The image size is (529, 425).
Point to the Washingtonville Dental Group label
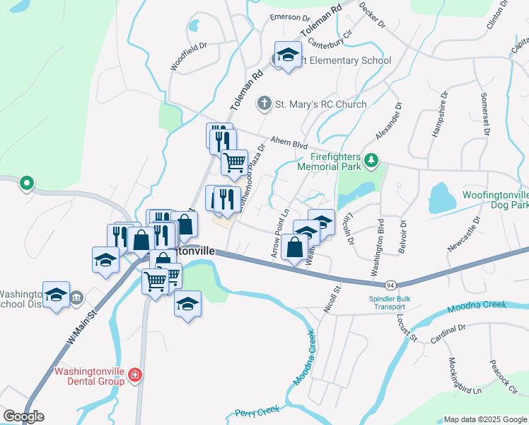(90, 375)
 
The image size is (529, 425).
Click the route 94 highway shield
(390, 284)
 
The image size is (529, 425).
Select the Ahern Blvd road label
(287, 142)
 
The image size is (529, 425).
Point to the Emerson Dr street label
(290, 18)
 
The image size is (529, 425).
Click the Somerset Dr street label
(485, 113)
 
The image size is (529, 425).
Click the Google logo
(23, 416)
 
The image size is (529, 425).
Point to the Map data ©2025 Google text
(484, 419)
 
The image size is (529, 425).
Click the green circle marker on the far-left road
(27, 183)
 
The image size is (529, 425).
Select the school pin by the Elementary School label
(289, 54)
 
